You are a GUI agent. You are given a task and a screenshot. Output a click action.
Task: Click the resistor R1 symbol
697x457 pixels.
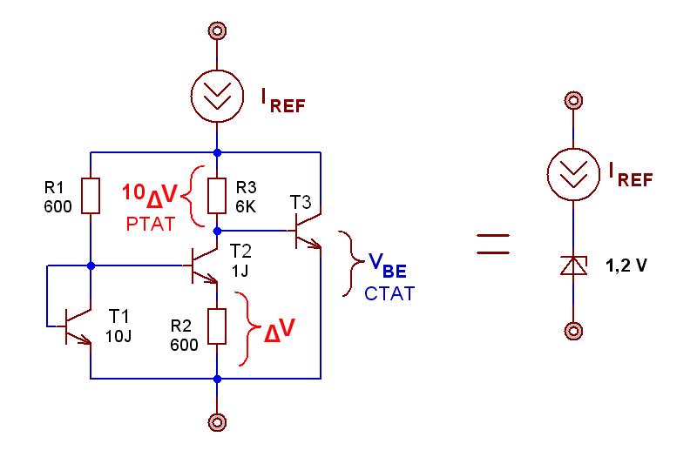click(91, 196)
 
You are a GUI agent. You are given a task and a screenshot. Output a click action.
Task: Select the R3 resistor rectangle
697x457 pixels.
click(217, 196)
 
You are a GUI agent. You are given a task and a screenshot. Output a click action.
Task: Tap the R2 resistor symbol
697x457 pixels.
click(217, 326)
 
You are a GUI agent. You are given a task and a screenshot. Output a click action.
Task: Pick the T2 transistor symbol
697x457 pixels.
click(201, 265)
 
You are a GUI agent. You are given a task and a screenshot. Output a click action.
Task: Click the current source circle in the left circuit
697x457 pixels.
click(217, 96)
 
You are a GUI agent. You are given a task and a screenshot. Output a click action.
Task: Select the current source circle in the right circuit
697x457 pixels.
click(573, 175)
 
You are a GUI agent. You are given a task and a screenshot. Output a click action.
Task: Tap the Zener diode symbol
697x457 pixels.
click(573, 265)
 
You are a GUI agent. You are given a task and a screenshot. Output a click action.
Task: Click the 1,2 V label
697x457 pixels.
click(626, 265)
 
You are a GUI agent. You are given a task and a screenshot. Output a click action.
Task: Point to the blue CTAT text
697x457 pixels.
click(389, 293)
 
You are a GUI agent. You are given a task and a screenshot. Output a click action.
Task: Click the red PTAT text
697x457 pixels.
click(151, 225)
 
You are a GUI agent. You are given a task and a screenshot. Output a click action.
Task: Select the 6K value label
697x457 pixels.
click(246, 206)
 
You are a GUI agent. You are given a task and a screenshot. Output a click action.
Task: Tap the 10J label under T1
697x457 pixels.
click(118, 336)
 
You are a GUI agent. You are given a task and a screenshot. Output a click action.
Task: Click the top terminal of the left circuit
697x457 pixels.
click(217, 30)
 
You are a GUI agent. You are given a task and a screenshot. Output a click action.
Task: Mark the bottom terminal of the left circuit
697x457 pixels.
click(217, 422)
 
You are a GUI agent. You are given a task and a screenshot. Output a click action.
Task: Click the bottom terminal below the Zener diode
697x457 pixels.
click(573, 331)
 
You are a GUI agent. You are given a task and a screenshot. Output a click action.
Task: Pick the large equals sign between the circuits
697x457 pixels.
click(493, 244)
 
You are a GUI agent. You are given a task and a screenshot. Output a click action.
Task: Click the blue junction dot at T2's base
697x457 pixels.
click(91, 265)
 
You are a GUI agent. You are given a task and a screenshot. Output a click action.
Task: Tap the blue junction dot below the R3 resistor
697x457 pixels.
click(217, 231)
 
